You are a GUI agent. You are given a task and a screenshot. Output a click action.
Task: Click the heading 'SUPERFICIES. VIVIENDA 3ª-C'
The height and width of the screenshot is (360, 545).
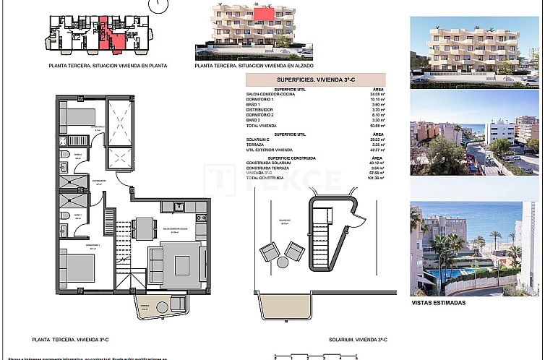pos(315,80)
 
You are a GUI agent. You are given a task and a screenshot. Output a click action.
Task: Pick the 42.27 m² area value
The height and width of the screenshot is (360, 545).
pos(375,149)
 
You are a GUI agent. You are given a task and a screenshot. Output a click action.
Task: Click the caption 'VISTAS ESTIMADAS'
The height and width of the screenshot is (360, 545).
pos(438,303)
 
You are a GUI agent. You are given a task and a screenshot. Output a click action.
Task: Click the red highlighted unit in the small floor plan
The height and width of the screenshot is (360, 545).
pos(106,34)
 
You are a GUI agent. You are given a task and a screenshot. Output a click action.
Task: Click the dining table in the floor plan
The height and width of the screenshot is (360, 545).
pos(145,228)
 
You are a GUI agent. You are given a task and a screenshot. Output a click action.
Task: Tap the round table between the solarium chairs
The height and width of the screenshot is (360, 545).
pos(282,249)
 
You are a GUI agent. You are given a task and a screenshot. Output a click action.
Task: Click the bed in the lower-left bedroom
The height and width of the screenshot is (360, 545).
pos(76,268)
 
